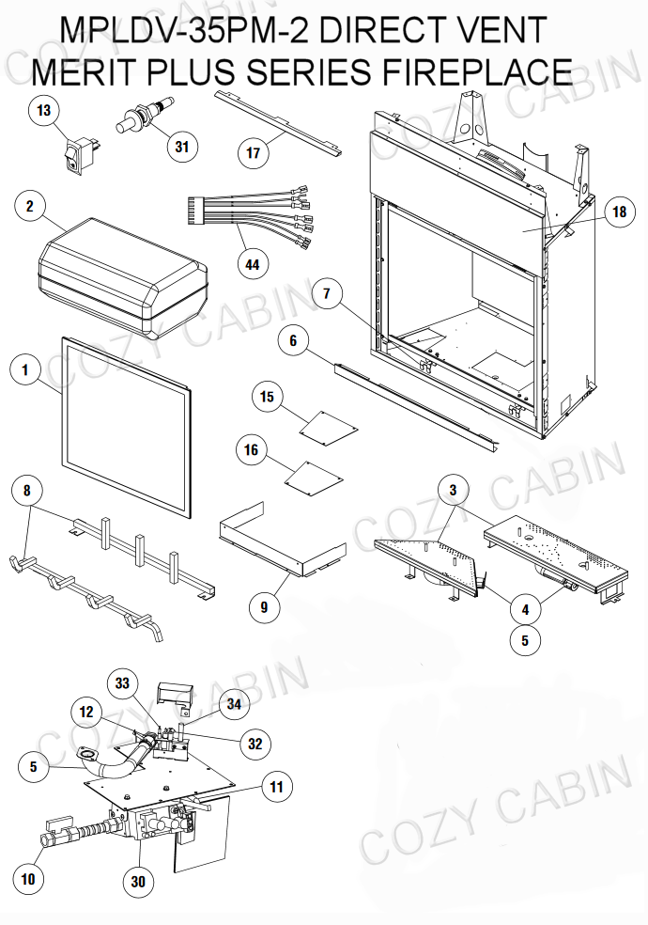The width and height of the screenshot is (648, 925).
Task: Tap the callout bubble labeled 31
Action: (181, 146)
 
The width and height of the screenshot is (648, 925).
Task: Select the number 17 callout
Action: (252, 152)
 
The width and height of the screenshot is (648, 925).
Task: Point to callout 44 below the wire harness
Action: (252, 264)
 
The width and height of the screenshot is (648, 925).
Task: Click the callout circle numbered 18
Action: (618, 212)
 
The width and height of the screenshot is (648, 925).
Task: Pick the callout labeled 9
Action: (264, 607)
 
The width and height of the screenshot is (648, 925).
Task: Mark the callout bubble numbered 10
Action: (27, 880)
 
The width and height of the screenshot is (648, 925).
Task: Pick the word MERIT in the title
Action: (88, 71)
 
